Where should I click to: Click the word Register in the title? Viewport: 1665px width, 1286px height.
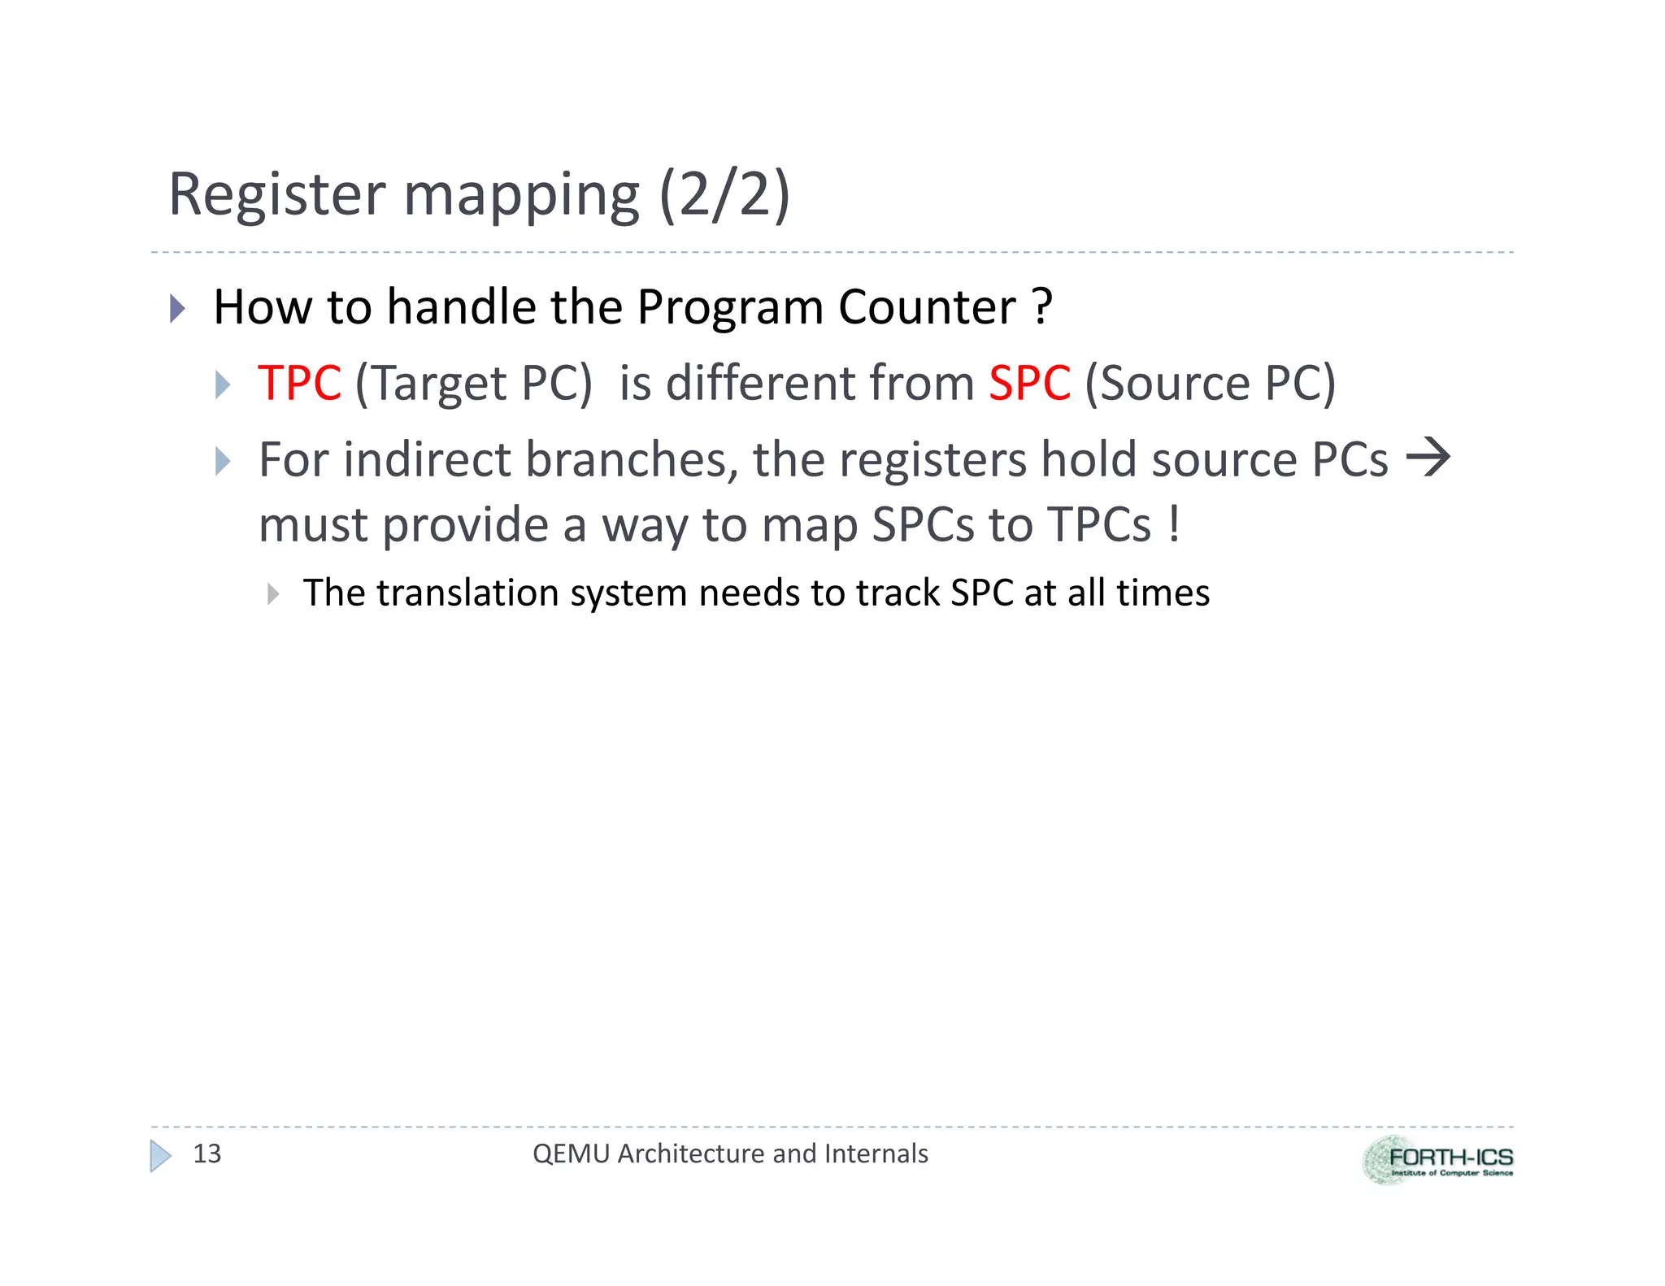276,195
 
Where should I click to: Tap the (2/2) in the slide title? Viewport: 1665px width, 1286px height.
724,195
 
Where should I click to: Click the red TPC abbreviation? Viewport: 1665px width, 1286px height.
299,383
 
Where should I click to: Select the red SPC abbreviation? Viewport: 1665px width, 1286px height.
1029,383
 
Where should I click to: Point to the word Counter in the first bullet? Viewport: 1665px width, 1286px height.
927,307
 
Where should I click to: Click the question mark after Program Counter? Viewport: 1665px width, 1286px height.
1041,307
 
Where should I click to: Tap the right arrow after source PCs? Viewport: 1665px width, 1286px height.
1428,458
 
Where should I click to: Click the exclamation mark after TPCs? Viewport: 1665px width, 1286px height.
1173,524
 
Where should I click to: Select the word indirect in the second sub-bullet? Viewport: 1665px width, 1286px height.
427,460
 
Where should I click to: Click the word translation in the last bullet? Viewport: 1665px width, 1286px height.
464,593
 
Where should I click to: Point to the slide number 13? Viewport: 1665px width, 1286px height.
206,1153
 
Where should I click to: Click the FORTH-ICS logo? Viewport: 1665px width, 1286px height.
1437,1160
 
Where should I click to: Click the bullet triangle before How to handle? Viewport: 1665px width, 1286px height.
177,309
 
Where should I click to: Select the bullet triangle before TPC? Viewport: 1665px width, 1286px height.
223,384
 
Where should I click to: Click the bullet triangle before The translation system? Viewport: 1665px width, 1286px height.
273,594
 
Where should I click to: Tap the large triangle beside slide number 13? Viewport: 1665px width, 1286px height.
160,1155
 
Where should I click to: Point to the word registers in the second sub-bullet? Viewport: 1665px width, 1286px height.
932,460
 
